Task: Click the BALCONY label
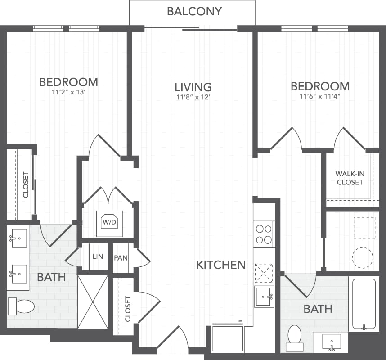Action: click(x=194, y=11)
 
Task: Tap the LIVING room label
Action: click(x=193, y=86)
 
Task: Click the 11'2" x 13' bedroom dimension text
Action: click(x=68, y=94)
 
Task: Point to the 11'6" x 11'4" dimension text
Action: click(x=319, y=96)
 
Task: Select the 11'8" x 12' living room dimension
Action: click(x=193, y=97)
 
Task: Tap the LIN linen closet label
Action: click(x=98, y=257)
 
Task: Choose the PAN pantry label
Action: click(x=121, y=257)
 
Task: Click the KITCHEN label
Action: click(x=221, y=265)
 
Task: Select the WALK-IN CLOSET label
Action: click(x=350, y=178)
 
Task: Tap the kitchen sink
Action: click(x=264, y=297)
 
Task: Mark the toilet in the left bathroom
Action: click(x=22, y=306)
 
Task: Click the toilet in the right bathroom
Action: click(x=295, y=335)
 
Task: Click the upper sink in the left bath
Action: click(x=19, y=239)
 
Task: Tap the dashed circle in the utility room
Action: click(x=363, y=257)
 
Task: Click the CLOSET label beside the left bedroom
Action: click(x=26, y=185)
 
